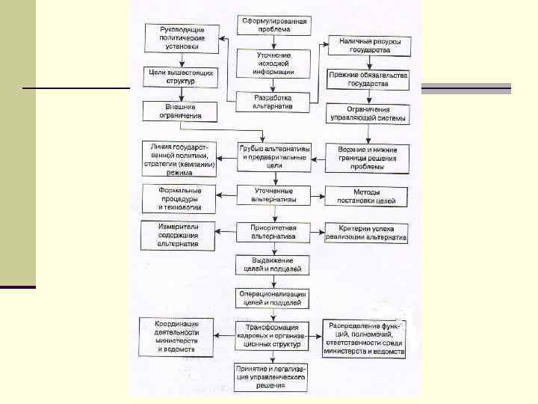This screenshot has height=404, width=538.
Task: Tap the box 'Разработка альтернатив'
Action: pos(272,102)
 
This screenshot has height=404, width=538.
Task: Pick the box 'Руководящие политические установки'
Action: pos(183,37)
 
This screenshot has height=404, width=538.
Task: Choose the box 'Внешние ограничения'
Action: pos(179,111)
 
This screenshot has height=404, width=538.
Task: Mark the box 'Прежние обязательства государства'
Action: pos(367,79)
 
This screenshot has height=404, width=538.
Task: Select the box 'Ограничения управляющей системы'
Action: pos(367,114)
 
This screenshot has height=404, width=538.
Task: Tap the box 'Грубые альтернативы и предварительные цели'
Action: pos(273,157)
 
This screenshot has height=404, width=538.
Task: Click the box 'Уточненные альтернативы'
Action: pos(274,195)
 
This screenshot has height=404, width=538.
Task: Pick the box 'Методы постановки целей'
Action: pos(367,196)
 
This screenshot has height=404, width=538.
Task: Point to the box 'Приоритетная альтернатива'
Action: pos(273,231)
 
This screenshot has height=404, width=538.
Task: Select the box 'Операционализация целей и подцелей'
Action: pos(274,299)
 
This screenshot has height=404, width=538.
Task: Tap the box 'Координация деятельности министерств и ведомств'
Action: pos(176,336)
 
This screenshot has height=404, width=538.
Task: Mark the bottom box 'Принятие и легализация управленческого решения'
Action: pos(271,377)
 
